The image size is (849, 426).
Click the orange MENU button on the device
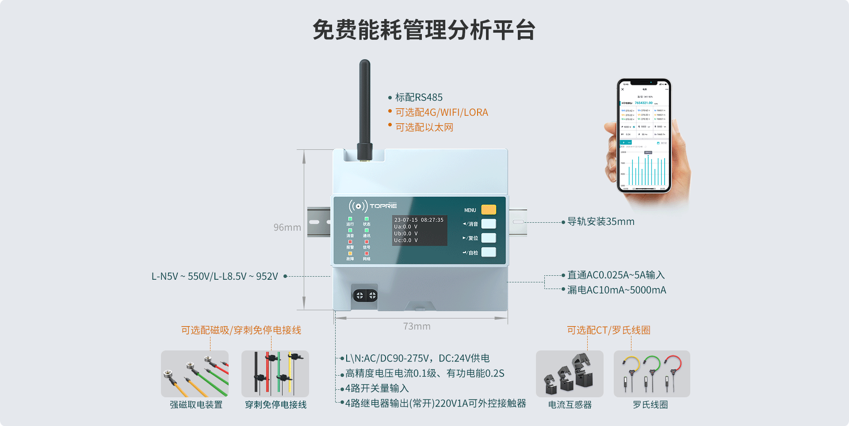tap(488, 209)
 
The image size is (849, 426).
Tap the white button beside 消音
tap(488, 224)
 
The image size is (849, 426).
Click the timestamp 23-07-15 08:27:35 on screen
tap(419, 220)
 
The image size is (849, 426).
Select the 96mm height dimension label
tap(287, 227)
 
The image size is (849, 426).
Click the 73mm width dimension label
tap(417, 326)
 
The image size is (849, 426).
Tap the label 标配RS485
tap(418, 97)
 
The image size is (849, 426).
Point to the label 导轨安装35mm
tap(600, 221)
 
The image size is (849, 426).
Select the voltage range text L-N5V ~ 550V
tap(214, 276)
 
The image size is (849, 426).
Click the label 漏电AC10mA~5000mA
tap(616, 290)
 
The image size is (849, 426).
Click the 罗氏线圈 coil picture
tap(651, 374)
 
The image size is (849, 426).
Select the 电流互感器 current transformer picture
tap(570, 374)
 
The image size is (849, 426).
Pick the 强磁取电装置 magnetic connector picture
tap(195, 374)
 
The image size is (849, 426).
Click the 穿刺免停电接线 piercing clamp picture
tap(275, 374)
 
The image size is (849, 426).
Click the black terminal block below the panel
tap(365, 295)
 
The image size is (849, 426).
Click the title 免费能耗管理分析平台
tap(424, 30)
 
